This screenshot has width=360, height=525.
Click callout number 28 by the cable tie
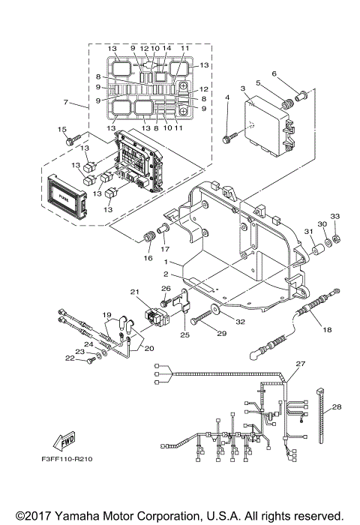coord(335,407)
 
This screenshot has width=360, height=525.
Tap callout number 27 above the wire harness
coord(300,364)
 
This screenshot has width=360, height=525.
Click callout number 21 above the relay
coord(135,292)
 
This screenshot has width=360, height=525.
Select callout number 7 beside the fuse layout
coord(66,101)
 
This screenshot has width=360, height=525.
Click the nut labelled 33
coord(337,238)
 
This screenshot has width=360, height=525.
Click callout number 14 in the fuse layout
coord(167,48)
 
